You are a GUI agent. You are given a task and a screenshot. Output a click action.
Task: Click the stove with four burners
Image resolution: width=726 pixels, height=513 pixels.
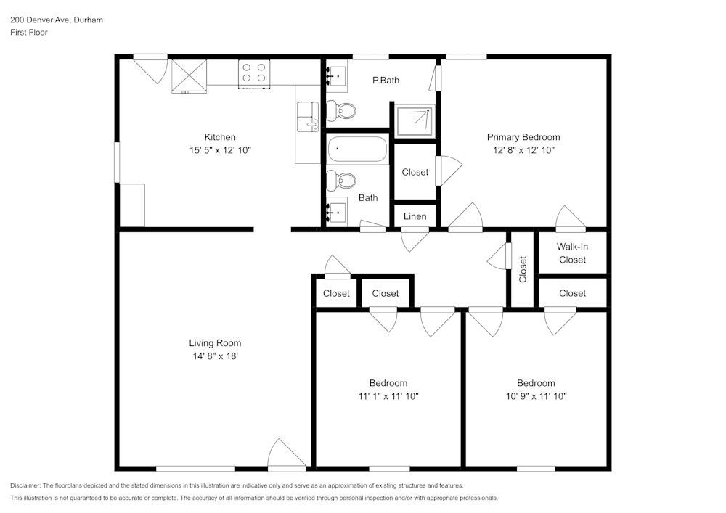click(254, 73)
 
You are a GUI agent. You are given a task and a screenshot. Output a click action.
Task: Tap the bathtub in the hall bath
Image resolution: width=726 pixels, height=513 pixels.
click(358, 150)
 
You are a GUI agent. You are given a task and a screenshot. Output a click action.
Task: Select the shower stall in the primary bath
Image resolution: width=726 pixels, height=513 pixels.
click(415, 120)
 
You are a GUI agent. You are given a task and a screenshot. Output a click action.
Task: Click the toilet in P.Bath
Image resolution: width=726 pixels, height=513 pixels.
click(341, 111)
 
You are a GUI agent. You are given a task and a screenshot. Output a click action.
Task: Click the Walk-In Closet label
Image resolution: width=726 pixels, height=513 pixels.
click(572, 253)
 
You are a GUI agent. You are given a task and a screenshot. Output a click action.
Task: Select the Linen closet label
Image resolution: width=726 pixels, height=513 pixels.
click(415, 216)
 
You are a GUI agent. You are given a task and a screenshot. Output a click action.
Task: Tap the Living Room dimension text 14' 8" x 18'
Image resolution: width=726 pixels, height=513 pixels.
click(215, 356)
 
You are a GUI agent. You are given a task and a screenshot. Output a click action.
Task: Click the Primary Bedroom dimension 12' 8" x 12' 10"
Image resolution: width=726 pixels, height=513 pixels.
click(523, 150)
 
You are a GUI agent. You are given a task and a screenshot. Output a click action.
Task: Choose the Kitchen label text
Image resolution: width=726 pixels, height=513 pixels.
click(220, 137)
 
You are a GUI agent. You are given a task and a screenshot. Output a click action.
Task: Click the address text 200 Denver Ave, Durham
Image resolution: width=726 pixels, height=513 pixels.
click(57, 20)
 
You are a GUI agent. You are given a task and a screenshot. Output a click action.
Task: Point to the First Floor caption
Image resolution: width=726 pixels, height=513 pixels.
click(29, 33)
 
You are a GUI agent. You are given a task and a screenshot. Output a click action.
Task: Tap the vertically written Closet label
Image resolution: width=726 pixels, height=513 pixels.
click(523, 269)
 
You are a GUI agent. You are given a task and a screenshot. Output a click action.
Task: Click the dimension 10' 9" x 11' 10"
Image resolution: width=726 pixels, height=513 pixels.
click(536, 396)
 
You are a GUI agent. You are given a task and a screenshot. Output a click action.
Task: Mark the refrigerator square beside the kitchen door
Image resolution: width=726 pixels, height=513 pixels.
click(189, 75)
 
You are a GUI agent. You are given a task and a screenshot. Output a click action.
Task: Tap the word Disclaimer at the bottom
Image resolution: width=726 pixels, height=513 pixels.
click(25, 485)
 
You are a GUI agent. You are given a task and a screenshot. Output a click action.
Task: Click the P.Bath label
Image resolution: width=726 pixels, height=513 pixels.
click(386, 81)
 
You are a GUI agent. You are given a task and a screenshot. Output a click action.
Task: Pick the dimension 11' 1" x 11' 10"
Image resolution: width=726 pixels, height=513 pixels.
click(388, 396)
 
